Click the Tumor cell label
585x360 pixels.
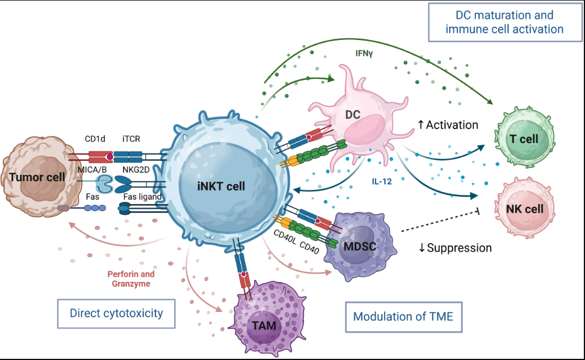coord(37,177)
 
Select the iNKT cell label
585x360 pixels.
coord(221,186)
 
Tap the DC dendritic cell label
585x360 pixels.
coord(352,115)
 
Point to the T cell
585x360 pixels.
coord(525,137)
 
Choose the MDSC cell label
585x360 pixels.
coord(360,246)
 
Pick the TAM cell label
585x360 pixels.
coord(264,325)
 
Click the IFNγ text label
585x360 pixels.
coord(364,53)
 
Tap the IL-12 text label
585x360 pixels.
coord(382,182)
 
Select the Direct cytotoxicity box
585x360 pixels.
coord(116,313)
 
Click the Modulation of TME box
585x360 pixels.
coord(404,317)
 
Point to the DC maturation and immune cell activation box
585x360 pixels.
coord(505,22)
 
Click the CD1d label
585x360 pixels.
coord(95,139)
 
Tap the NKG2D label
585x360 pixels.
coord(136,170)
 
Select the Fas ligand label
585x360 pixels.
coord(142,197)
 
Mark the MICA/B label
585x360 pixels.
coord(92,170)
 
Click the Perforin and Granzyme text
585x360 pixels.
coord(131,278)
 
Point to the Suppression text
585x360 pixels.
coord(455,248)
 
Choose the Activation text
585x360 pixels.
coord(448,124)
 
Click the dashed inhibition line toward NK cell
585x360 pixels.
coord(440,221)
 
